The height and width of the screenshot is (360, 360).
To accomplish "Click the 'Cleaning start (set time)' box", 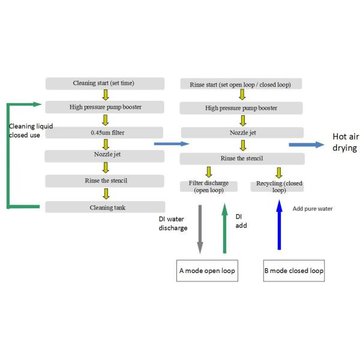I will pyautogui.click(x=105, y=83).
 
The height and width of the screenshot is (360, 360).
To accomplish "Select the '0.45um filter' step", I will pyautogui.click(x=105, y=132).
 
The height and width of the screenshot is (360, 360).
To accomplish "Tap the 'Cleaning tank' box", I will pyautogui.click(x=105, y=206).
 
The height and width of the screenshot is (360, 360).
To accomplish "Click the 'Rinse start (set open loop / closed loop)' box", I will pyautogui.click(x=241, y=84).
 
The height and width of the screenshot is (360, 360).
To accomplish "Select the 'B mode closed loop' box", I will pyautogui.click(x=294, y=271).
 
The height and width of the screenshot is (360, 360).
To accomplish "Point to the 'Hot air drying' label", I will pyautogui.click(x=345, y=142).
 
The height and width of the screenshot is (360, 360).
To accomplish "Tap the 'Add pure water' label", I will pyautogui.click(x=312, y=209).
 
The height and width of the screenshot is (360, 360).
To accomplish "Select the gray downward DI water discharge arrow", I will pyautogui.click(x=200, y=228).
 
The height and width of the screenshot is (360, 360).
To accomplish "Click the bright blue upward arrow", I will pyautogui.click(x=278, y=225).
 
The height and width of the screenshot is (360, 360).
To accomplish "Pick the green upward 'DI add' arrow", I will pyautogui.click(x=224, y=228).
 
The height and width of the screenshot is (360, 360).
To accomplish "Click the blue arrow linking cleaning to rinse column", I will pyautogui.click(x=172, y=144).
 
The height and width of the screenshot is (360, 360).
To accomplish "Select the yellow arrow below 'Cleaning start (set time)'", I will pyautogui.click(x=105, y=95).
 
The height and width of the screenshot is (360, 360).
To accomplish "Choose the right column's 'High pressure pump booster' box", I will pyautogui.click(x=241, y=108).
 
